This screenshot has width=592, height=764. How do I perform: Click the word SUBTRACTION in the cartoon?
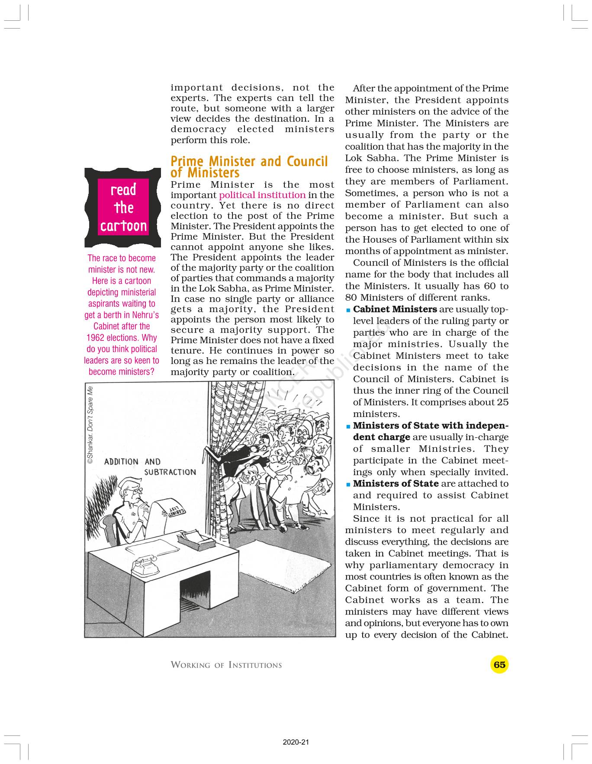click(170, 472)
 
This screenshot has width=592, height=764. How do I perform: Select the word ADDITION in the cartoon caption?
click(121, 462)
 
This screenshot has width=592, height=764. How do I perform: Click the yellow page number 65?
click(499, 664)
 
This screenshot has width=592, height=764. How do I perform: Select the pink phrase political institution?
click(262, 195)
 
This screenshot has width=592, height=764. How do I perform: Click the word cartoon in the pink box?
click(124, 226)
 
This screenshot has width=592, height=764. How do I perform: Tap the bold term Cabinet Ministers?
click(395, 309)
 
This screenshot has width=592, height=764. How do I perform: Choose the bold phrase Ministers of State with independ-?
click(431, 426)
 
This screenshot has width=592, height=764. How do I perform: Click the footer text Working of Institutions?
click(226, 665)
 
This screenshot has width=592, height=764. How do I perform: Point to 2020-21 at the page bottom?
click(296, 742)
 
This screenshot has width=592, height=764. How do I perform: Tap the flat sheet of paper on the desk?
click(152, 548)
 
